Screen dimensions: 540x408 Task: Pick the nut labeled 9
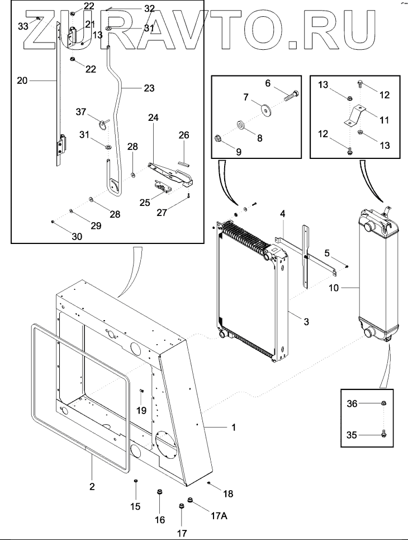click(x=219, y=138)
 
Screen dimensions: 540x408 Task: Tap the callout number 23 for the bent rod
click(x=149, y=88)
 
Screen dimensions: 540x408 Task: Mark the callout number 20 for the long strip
click(x=22, y=80)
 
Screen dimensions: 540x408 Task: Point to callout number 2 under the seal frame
click(x=92, y=486)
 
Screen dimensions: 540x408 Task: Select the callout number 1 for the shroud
click(x=234, y=428)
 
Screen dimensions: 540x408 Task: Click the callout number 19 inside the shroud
click(x=142, y=410)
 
